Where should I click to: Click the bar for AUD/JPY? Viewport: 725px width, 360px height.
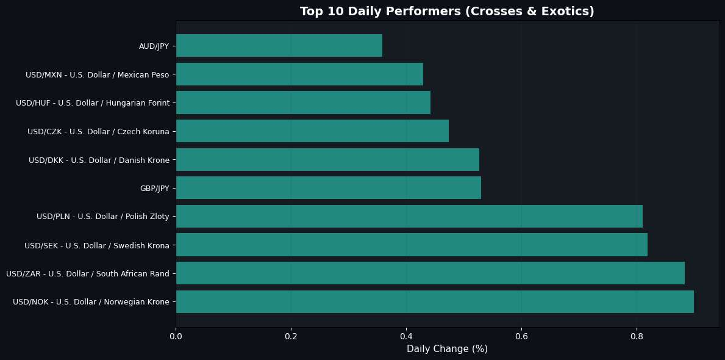click(279, 46)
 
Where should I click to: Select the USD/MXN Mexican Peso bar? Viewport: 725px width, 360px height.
click(299, 74)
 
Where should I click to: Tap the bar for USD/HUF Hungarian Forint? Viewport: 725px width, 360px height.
click(303, 103)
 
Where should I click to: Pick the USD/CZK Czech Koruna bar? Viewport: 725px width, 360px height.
click(312, 131)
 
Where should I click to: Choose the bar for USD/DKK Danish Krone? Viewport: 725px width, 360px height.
click(327, 160)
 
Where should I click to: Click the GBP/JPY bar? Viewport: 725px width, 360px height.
click(329, 188)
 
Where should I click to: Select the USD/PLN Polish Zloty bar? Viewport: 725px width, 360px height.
click(409, 217)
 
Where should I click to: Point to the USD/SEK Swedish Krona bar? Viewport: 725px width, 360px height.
click(412, 245)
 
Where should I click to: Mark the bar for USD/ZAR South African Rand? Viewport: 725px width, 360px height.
click(430, 273)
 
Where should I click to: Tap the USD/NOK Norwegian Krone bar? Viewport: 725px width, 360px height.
click(435, 302)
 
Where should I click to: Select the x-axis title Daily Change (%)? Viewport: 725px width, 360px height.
click(447, 349)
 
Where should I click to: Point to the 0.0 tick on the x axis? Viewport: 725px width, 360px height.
click(176, 335)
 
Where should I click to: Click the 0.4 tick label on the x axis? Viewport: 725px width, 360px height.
click(407, 335)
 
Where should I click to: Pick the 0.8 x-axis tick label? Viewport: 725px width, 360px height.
click(637, 335)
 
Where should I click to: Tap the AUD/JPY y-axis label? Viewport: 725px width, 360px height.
click(154, 46)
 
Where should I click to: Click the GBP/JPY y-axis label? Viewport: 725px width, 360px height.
click(154, 188)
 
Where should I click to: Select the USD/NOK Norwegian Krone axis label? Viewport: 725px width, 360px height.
click(91, 302)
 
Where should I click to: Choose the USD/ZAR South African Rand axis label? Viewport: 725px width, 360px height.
click(88, 273)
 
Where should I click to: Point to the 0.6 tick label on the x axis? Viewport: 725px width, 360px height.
click(521, 335)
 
